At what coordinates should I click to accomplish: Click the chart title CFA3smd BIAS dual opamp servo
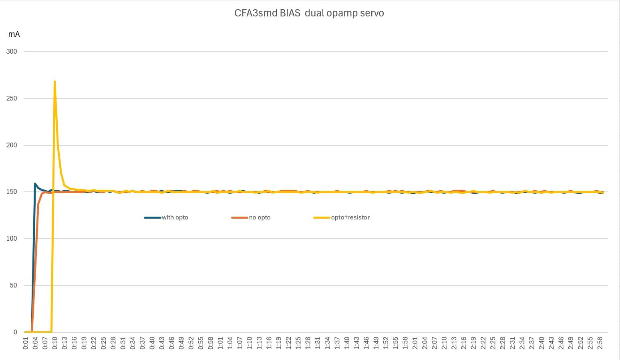[x=309, y=13]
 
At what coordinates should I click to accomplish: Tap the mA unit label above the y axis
[x=14, y=34]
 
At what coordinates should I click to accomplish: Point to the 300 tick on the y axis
[x=12, y=52]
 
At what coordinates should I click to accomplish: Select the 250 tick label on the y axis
[x=12, y=99]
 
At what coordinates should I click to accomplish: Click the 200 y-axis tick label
[x=12, y=145]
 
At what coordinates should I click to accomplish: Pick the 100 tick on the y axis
[x=12, y=239]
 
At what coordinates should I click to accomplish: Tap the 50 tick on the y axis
[x=13, y=286]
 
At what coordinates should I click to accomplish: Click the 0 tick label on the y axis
[x=15, y=332]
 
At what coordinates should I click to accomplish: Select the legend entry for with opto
[x=175, y=217]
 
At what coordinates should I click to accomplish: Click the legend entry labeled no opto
[x=260, y=217]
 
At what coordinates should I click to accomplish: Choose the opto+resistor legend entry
[x=350, y=217]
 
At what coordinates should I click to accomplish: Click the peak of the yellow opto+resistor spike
[x=54, y=82]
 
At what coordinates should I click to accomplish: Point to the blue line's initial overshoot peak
[x=35, y=184]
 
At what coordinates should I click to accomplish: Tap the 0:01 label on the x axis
[x=26, y=343]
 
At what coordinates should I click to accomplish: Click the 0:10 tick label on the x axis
[x=55, y=343]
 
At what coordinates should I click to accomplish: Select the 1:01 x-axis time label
[x=220, y=343]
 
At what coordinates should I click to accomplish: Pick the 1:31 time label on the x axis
[x=318, y=343]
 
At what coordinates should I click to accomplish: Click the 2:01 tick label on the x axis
[x=415, y=343]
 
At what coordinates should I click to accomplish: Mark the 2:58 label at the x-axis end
[x=600, y=343]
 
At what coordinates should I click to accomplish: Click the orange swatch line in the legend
[x=240, y=217]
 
